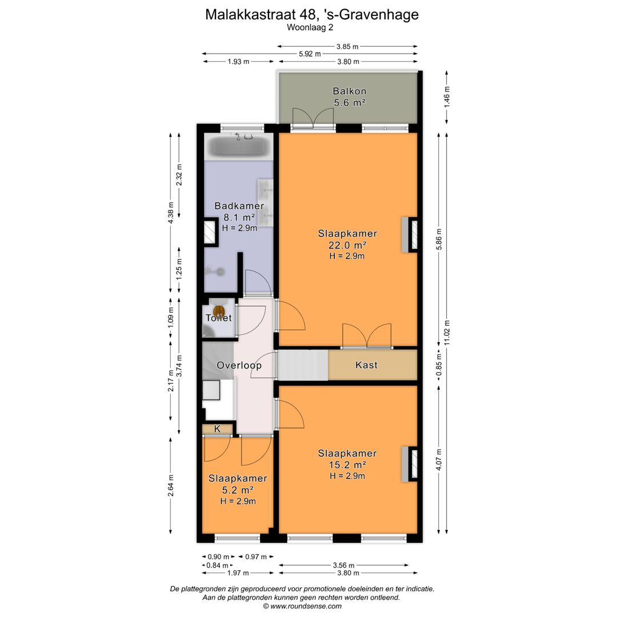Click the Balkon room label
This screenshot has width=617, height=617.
[x=350, y=91]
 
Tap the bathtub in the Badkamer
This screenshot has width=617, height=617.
[x=238, y=147]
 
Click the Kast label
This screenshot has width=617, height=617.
[x=366, y=364]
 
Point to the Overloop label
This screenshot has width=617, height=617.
[x=239, y=365]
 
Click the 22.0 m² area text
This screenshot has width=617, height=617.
[x=347, y=245]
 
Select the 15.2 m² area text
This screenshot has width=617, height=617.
[x=347, y=464]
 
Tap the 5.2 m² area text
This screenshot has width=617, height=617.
[x=237, y=490]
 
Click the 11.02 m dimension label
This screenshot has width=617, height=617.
[x=447, y=333]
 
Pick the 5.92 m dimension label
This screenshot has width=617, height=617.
[x=310, y=54]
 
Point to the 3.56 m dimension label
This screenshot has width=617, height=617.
[x=343, y=566]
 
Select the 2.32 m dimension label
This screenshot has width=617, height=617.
[x=179, y=175]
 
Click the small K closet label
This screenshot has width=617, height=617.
[x=217, y=429]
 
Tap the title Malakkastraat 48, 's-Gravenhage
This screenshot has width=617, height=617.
[x=312, y=14]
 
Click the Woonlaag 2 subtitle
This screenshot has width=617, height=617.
[x=310, y=27]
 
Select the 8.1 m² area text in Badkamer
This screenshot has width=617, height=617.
[x=239, y=217]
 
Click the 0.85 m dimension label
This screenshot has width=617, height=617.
[x=439, y=364]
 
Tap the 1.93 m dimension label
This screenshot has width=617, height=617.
[x=238, y=61]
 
